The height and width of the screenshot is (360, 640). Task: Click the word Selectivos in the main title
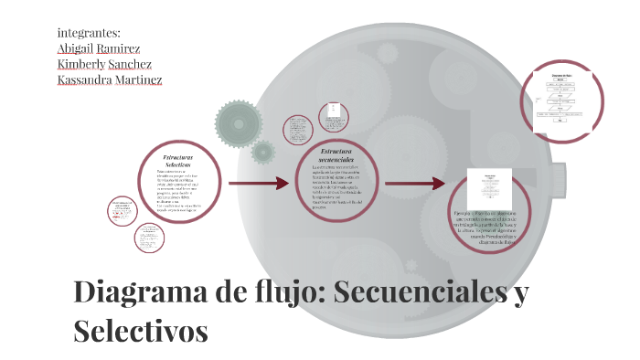pyautogui.click(x=141, y=329)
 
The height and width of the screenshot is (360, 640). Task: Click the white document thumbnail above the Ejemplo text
pyautogui.click(x=486, y=189)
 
